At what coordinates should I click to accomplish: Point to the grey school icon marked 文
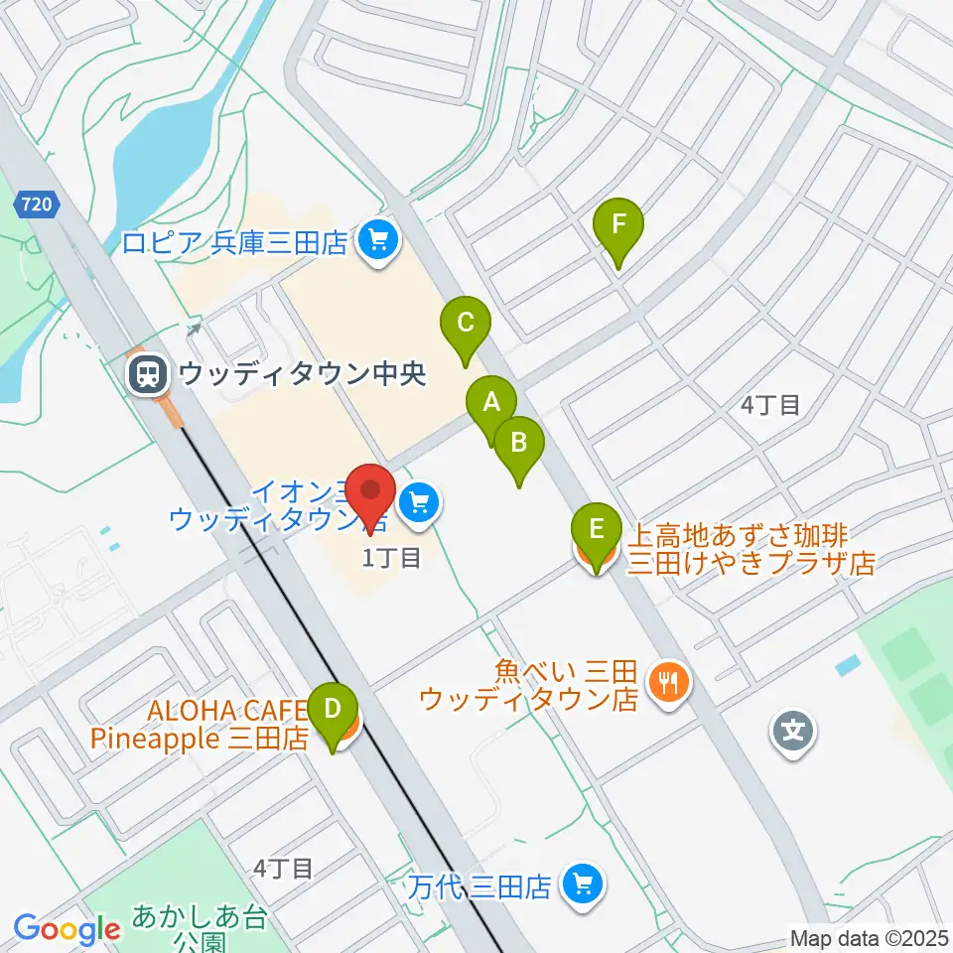tap(796, 733)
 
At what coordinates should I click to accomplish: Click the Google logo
tap(67, 929)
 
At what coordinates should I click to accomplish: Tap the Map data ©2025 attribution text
tap(870, 938)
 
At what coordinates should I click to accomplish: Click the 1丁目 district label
tap(392, 559)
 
